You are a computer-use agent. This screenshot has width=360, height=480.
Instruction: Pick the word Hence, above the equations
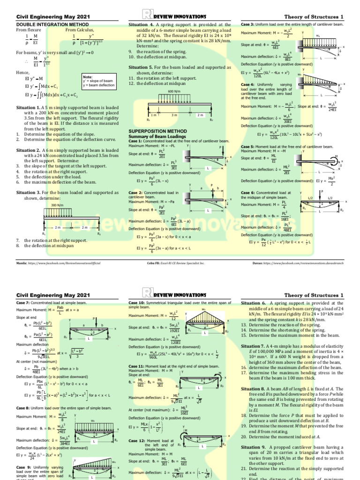coord(23,73)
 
